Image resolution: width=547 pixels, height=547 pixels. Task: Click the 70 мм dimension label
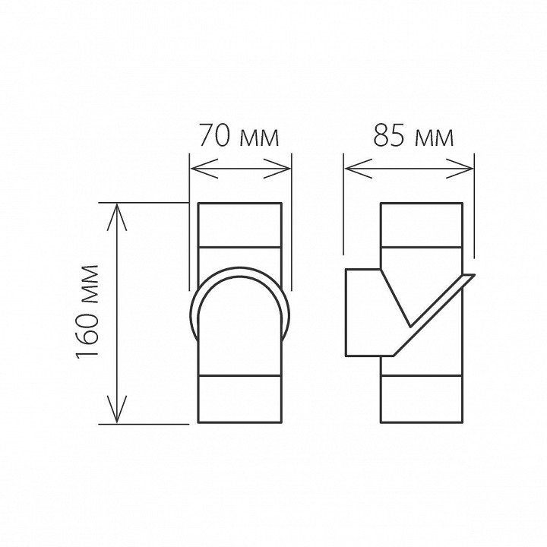tap(239, 137)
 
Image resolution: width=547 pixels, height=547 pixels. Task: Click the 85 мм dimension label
tap(413, 137)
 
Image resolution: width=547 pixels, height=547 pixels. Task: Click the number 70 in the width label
tap(214, 137)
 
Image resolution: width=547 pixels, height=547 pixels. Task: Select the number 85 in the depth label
tap(388, 137)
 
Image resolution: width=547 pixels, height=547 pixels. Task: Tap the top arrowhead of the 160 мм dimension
tap(116, 212)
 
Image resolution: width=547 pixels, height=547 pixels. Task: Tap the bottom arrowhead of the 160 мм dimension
tap(116, 414)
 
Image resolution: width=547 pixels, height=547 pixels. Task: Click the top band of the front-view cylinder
tap(239, 225)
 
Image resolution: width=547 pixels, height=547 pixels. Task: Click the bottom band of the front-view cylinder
tap(239, 399)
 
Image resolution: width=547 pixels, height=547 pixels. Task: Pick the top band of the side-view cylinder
tap(421, 225)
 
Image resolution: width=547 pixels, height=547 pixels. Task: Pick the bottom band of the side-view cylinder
tap(421, 399)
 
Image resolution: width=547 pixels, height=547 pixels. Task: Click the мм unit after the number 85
tap(435, 138)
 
